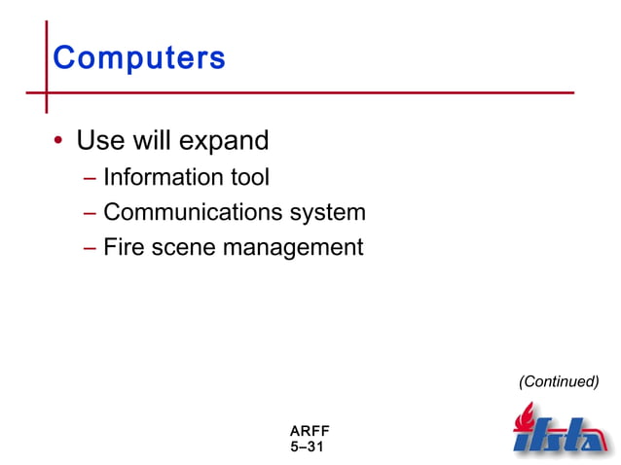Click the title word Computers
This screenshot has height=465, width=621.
point(139,58)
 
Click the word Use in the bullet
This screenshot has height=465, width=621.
point(99,140)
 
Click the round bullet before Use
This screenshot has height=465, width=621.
point(58,142)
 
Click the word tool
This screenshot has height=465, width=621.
point(248,177)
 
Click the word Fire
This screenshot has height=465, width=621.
point(122,247)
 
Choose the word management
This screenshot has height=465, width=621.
point(293,248)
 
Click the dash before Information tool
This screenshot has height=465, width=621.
point(90,178)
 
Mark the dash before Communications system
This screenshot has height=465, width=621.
point(90,213)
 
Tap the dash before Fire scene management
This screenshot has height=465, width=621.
point(90,248)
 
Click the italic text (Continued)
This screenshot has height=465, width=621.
point(558,381)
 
